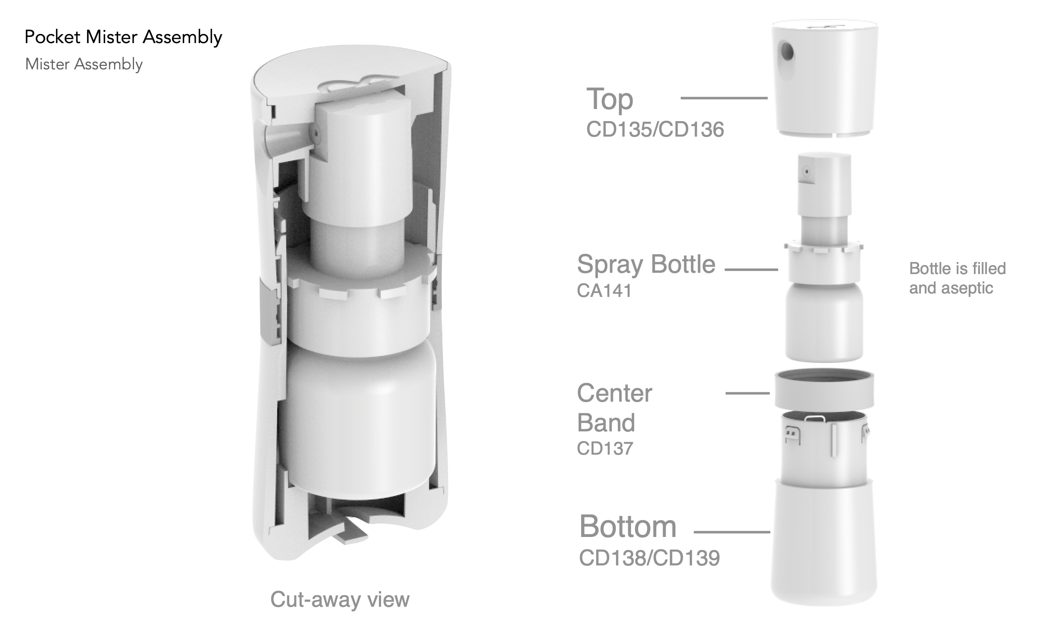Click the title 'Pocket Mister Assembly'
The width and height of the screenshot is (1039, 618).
pyautogui.click(x=123, y=37)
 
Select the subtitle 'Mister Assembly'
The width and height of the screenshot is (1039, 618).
pyautogui.click(x=84, y=64)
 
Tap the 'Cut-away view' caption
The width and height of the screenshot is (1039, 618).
pyautogui.click(x=340, y=599)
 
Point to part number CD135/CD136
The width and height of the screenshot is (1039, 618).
pyautogui.click(x=655, y=129)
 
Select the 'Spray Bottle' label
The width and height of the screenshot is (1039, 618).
pyautogui.click(x=646, y=265)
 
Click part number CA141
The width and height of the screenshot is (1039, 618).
pyautogui.click(x=604, y=290)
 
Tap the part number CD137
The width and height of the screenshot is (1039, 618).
pyautogui.click(x=605, y=448)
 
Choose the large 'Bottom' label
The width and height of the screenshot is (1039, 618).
pyautogui.click(x=628, y=526)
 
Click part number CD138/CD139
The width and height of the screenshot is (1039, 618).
pyautogui.click(x=649, y=558)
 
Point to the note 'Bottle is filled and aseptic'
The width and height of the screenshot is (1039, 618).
pyautogui.click(x=957, y=278)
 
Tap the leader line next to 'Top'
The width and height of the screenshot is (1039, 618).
pyautogui.click(x=724, y=98)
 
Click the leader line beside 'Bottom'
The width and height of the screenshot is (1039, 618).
pyautogui.click(x=732, y=532)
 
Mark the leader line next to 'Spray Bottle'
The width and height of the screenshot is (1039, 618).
pyautogui.click(x=751, y=270)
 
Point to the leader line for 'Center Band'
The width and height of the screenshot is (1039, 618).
pyautogui.click(x=748, y=393)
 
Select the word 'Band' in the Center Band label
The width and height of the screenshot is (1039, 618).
pyautogui.click(x=606, y=422)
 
